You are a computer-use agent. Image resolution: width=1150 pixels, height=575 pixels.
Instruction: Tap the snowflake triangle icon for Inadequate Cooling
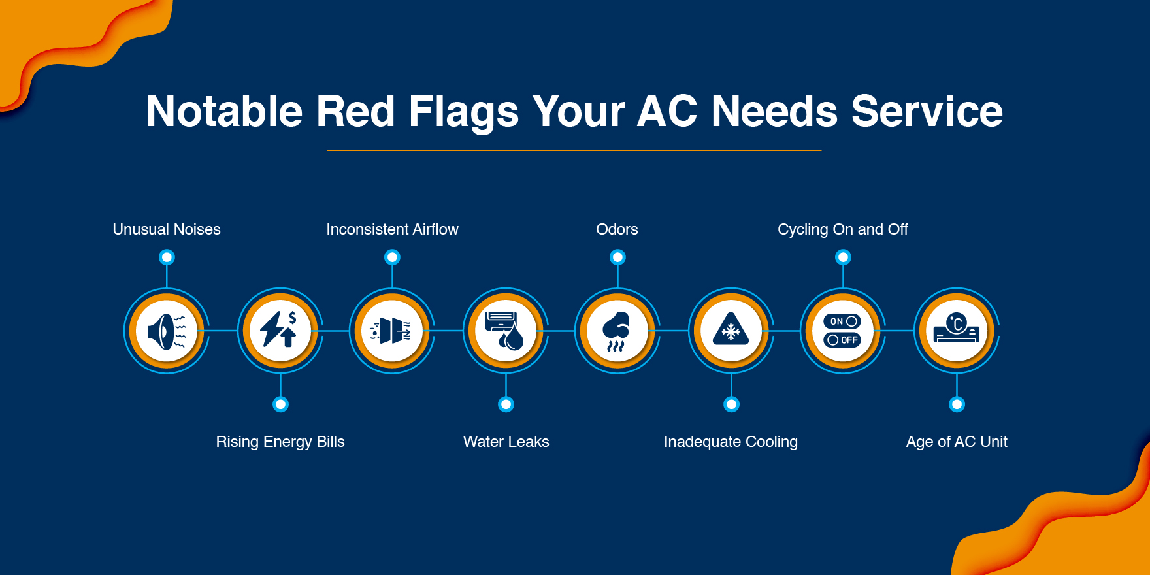click(731, 331)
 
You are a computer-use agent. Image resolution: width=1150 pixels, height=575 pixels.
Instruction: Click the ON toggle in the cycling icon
click(843, 321)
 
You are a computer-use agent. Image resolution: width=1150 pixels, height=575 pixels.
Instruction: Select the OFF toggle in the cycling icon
click(843, 340)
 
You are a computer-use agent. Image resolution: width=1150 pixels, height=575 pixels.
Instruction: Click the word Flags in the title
click(463, 111)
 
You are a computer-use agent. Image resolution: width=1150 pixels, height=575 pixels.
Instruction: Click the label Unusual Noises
click(167, 229)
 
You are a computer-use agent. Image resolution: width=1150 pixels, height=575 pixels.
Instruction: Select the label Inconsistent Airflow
click(392, 229)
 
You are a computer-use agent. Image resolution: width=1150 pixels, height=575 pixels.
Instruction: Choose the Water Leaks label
click(506, 442)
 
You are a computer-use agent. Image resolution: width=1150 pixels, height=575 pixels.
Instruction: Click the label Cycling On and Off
click(842, 229)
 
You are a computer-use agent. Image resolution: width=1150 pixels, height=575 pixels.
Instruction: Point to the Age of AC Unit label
click(957, 442)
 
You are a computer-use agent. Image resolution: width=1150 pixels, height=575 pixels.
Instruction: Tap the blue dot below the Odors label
click(617, 257)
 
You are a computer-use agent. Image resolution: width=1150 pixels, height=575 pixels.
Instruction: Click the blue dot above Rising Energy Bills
click(280, 404)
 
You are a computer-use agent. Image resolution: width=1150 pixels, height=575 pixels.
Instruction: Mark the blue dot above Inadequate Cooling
click(731, 404)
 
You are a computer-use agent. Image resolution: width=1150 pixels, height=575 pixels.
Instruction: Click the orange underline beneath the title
click(574, 150)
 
